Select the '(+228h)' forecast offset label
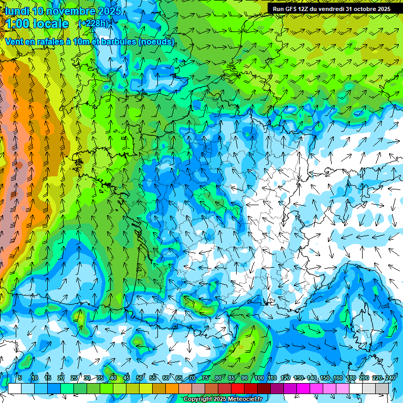(x=93, y=23)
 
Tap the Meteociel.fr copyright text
(x=223, y=399)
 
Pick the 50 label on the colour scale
(x=140, y=378)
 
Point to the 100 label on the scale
(x=259, y=378)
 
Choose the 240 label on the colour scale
(x=390, y=378)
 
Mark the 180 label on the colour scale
(x=351, y=378)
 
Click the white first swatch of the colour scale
(x=15, y=388)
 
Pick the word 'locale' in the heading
(x=51, y=24)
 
